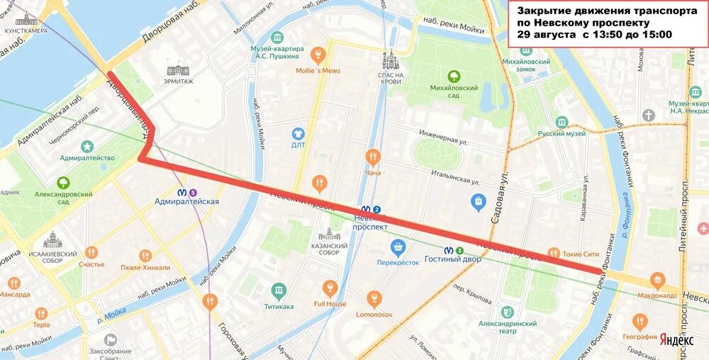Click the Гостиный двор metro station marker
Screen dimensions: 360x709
449,249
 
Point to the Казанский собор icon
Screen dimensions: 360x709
329,234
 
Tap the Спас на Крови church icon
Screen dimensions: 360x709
389,60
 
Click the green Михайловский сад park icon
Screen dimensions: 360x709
453,76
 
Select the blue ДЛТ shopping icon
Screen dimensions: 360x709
298,133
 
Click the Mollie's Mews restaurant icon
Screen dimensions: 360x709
318,55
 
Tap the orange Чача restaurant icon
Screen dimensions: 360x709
373,157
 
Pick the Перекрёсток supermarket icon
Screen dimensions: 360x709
398,247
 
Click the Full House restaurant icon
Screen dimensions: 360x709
329,288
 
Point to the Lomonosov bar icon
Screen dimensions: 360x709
375,298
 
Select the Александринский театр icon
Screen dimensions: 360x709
507,312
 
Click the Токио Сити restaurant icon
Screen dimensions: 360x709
554,253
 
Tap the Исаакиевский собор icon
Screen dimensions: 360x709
52,240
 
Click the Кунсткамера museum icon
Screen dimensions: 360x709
26,19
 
